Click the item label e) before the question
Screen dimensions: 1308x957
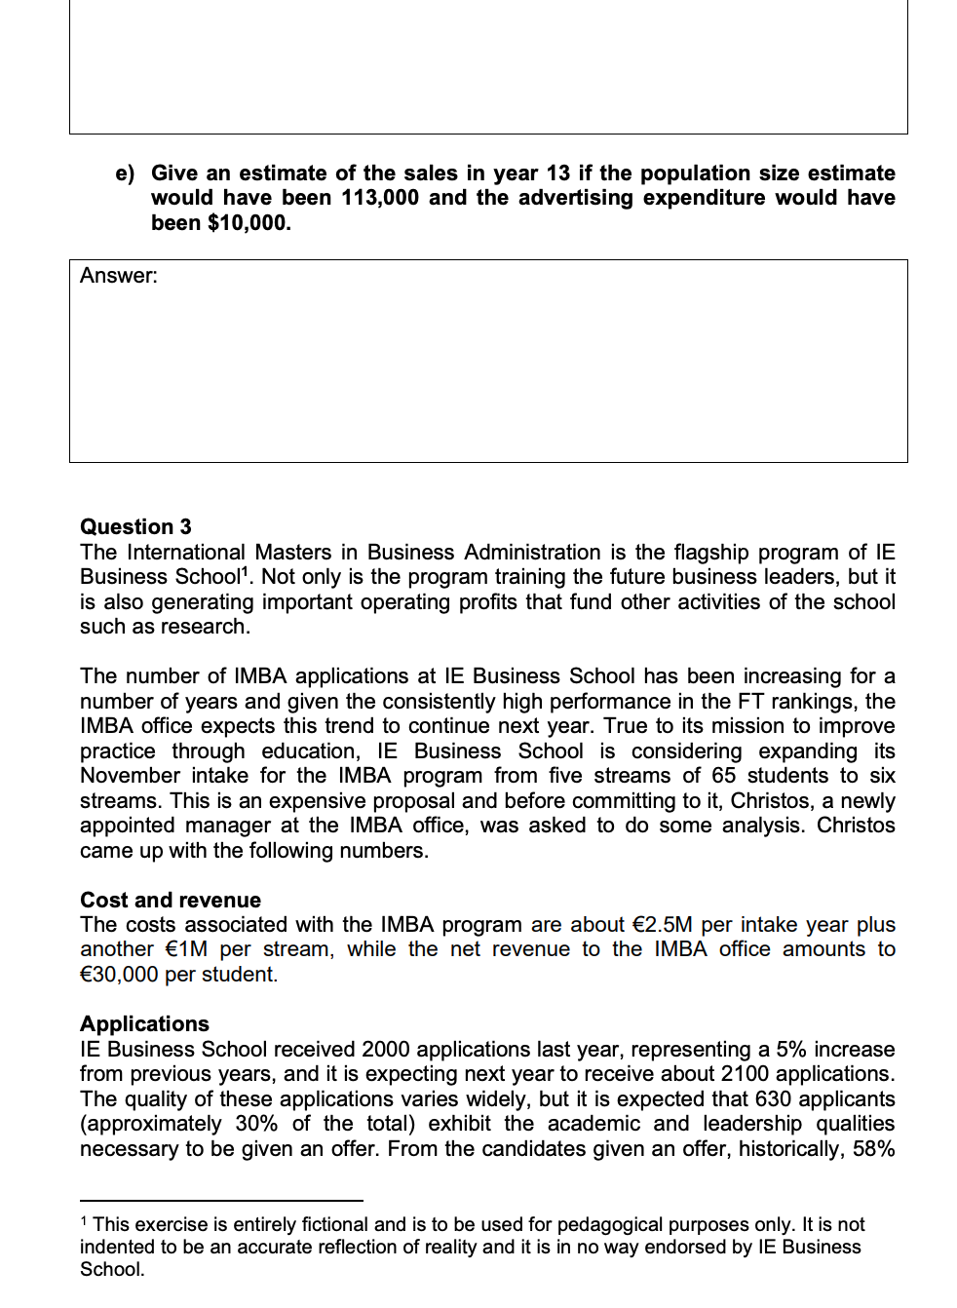click(x=125, y=173)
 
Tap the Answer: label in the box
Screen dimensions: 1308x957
click(x=119, y=276)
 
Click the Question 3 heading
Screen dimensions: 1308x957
click(x=135, y=527)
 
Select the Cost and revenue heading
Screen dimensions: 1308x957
click(x=171, y=900)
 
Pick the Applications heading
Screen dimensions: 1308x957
click(x=144, y=1023)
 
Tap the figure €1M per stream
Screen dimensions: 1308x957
click(x=186, y=949)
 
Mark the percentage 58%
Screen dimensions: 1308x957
click(x=873, y=1149)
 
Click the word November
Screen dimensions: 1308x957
click(x=130, y=776)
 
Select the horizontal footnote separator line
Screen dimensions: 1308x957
click(x=221, y=1200)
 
